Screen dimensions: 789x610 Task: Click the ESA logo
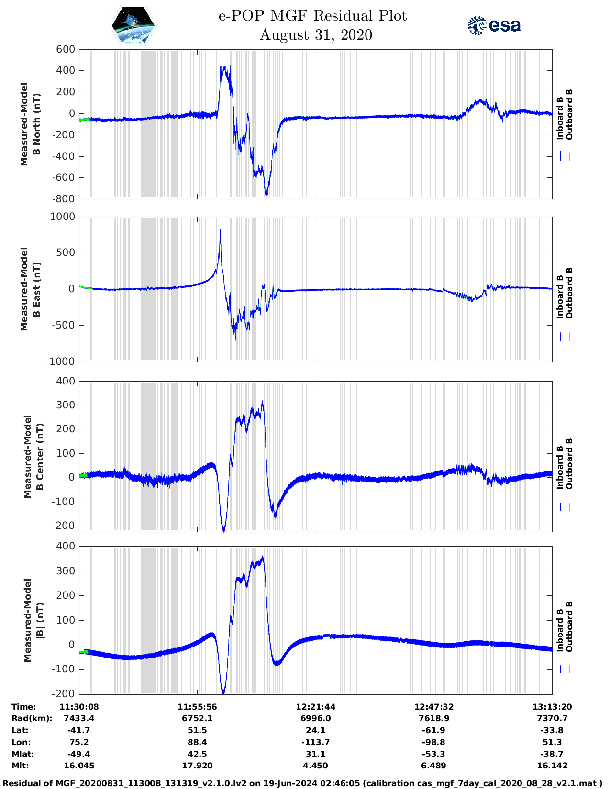point(494,25)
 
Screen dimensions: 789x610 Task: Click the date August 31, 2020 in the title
point(316,35)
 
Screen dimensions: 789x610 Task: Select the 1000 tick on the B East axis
point(63,217)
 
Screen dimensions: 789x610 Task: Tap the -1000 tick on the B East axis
point(61,362)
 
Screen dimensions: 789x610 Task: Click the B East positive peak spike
point(220,230)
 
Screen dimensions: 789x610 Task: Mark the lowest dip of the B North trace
point(266,194)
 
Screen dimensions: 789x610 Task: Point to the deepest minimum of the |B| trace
point(223,692)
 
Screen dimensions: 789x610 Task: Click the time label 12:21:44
point(315,707)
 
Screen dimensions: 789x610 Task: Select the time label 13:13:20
point(552,707)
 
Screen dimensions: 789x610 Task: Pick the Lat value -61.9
point(433,731)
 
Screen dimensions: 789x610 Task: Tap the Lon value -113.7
point(315,743)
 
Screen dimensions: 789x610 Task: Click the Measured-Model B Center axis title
point(33,457)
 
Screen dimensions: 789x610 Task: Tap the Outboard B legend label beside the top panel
point(569,115)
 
